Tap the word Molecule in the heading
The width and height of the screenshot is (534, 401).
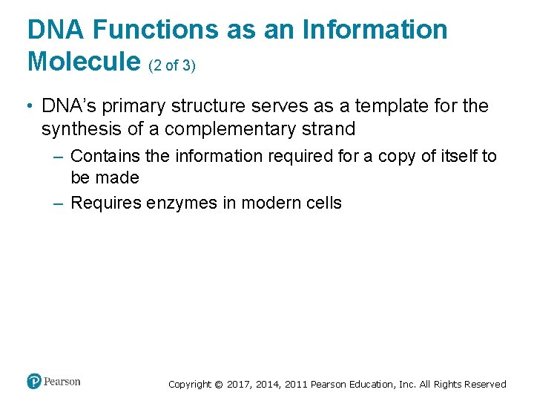[84, 62]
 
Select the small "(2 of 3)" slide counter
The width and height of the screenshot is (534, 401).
[172, 65]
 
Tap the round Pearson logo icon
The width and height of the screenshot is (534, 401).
[34, 382]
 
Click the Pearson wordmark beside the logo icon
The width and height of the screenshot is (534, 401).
[62, 382]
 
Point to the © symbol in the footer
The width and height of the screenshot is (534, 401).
[218, 385]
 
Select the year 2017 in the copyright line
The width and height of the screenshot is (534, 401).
[238, 385]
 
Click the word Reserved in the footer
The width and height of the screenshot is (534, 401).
[485, 385]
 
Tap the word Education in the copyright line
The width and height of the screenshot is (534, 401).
[372, 385]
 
